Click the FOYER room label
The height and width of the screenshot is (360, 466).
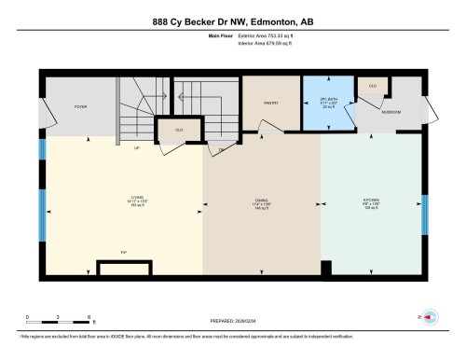point(80,107)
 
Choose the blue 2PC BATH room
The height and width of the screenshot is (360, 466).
point(327,103)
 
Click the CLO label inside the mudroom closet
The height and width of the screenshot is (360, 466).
point(373,85)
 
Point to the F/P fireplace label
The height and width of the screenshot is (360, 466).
point(123,252)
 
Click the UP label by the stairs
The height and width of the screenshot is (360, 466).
point(136,147)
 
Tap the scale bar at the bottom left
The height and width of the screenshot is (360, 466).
point(58,323)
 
